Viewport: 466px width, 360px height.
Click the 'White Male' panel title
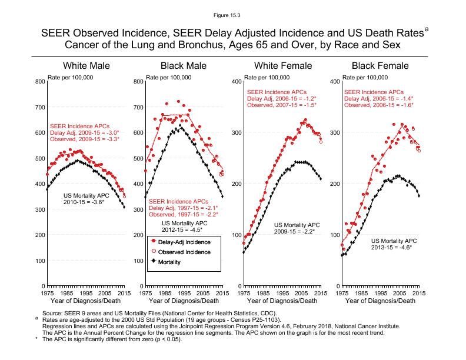click(x=86, y=65)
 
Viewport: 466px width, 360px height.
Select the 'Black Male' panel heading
click(x=184, y=65)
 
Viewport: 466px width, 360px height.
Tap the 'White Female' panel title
click(x=282, y=65)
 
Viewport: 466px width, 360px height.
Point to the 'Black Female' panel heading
click(x=380, y=65)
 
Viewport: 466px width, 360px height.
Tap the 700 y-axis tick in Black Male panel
click(x=137, y=107)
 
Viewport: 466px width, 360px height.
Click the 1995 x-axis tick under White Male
click(x=85, y=292)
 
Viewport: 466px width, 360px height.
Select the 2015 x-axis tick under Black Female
click(x=420, y=292)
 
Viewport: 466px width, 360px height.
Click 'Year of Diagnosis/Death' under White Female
click(x=282, y=301)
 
